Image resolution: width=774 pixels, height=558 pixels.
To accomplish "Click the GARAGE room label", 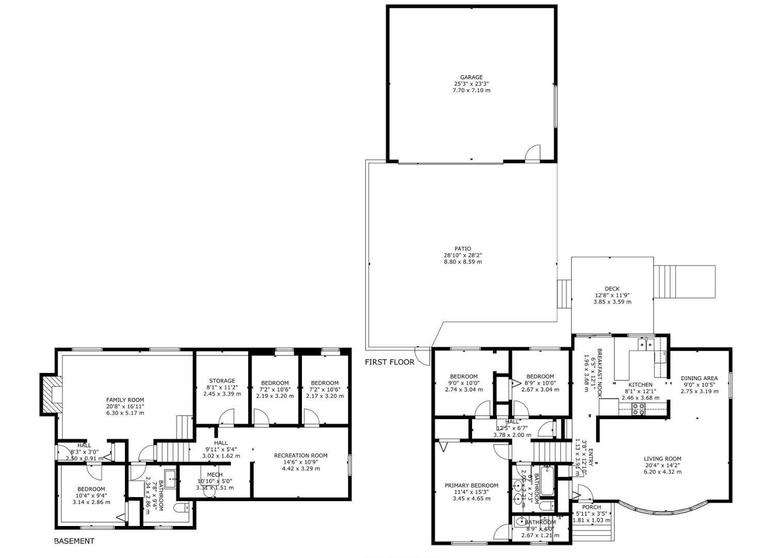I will [472, 78].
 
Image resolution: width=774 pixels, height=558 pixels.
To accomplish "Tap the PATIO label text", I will [463, 249].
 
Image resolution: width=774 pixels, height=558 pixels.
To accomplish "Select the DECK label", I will [612, 289].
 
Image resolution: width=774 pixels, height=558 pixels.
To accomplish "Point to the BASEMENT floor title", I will [74, 541].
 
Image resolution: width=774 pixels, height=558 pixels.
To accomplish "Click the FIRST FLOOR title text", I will [390, 362].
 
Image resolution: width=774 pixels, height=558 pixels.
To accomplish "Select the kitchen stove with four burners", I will [639, 409].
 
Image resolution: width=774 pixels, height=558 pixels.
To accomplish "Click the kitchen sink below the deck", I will [645, 344].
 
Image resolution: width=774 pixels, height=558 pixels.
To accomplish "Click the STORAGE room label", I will [222, 381].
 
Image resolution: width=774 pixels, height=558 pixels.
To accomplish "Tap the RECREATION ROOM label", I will [300, 456].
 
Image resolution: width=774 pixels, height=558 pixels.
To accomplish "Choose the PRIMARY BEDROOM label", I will [472, 486].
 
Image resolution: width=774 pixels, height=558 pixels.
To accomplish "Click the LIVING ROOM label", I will [662, 459].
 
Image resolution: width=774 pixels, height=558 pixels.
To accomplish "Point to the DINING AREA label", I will [699, 378].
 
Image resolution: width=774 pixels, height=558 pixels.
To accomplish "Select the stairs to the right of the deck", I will [684, 282].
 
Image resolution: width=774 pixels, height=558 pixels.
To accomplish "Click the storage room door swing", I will [227, 416].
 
